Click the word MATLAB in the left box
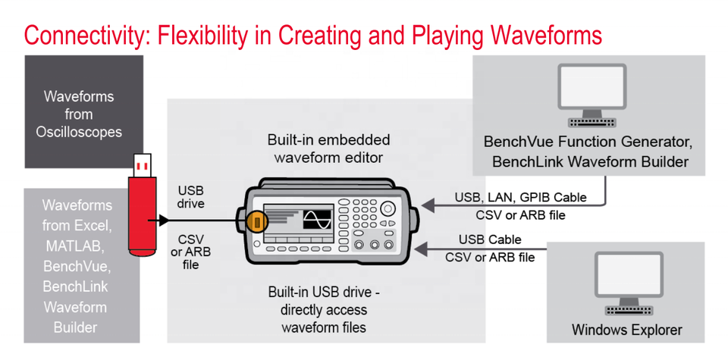[x=77, y=246]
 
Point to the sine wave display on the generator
[x=317, y=218]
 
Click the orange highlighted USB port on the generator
[x=257, y=221]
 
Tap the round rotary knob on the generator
[x=388, y=208]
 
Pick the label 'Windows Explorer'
[x=627, y=330]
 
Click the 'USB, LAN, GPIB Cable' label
[x=520, y=197]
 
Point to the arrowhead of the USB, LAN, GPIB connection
[x=427, y=204]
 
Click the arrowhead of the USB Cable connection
[x=421, y=249]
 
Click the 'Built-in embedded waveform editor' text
[x=328, y=149]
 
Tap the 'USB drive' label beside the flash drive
[x=191, y=197]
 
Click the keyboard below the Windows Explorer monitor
[x=629, y=311]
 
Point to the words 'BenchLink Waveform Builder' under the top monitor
[x=590, y=162]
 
